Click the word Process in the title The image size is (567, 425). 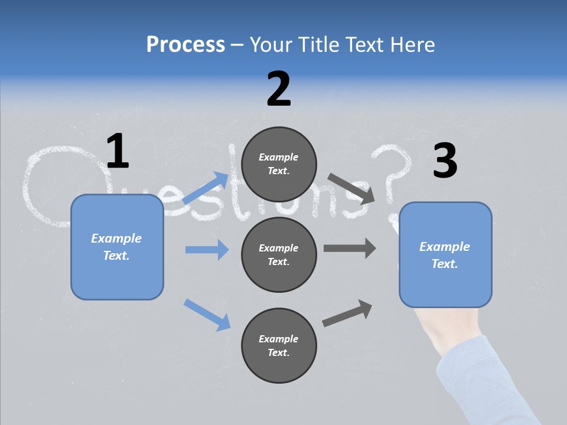click(x=185, y=45)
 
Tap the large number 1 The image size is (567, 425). click(x=118, y=152)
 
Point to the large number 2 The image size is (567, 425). click(x=279, y=89)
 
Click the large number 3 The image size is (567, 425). click(x=445, y=161)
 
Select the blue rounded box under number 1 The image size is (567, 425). click(x=117, y=247)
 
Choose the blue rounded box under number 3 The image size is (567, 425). click(x=445, y=254)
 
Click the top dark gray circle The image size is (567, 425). click(x=279, y=164)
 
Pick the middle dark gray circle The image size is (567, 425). click(x=279, y=254)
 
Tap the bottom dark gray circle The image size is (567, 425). click(x=279, y=345)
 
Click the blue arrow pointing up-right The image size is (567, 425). click(x=206, y=188)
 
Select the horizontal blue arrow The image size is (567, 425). click(x=207, y=250)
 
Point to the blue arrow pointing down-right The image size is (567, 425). click(x=207, y=315)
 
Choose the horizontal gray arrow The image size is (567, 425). click(x=350, y=248)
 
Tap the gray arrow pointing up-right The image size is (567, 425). click(x=348, y=313)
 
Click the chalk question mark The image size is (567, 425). click(x=392, y=177)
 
